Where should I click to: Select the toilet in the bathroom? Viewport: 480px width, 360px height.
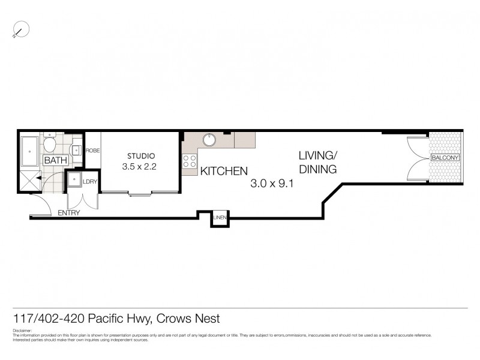pyautogui.click(x=50, y=144)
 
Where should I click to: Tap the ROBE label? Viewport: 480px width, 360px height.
pyautogui.click(x=92, y=151)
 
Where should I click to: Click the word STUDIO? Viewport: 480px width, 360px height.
pyautogui.click(x=139, y=156)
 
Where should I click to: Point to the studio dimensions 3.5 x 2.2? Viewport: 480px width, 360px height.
pyautogui.click(x=139, y=167)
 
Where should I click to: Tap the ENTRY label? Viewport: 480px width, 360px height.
pyautogui.click(x=69, y=213)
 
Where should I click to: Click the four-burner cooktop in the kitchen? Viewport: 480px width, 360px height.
pyautogui.click(x=190, y=161)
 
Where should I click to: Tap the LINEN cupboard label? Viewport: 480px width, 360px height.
pyautogui.click(x=218, y=218)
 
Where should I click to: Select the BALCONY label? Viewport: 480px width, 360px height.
pyautogui.click(x=445, y=158)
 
